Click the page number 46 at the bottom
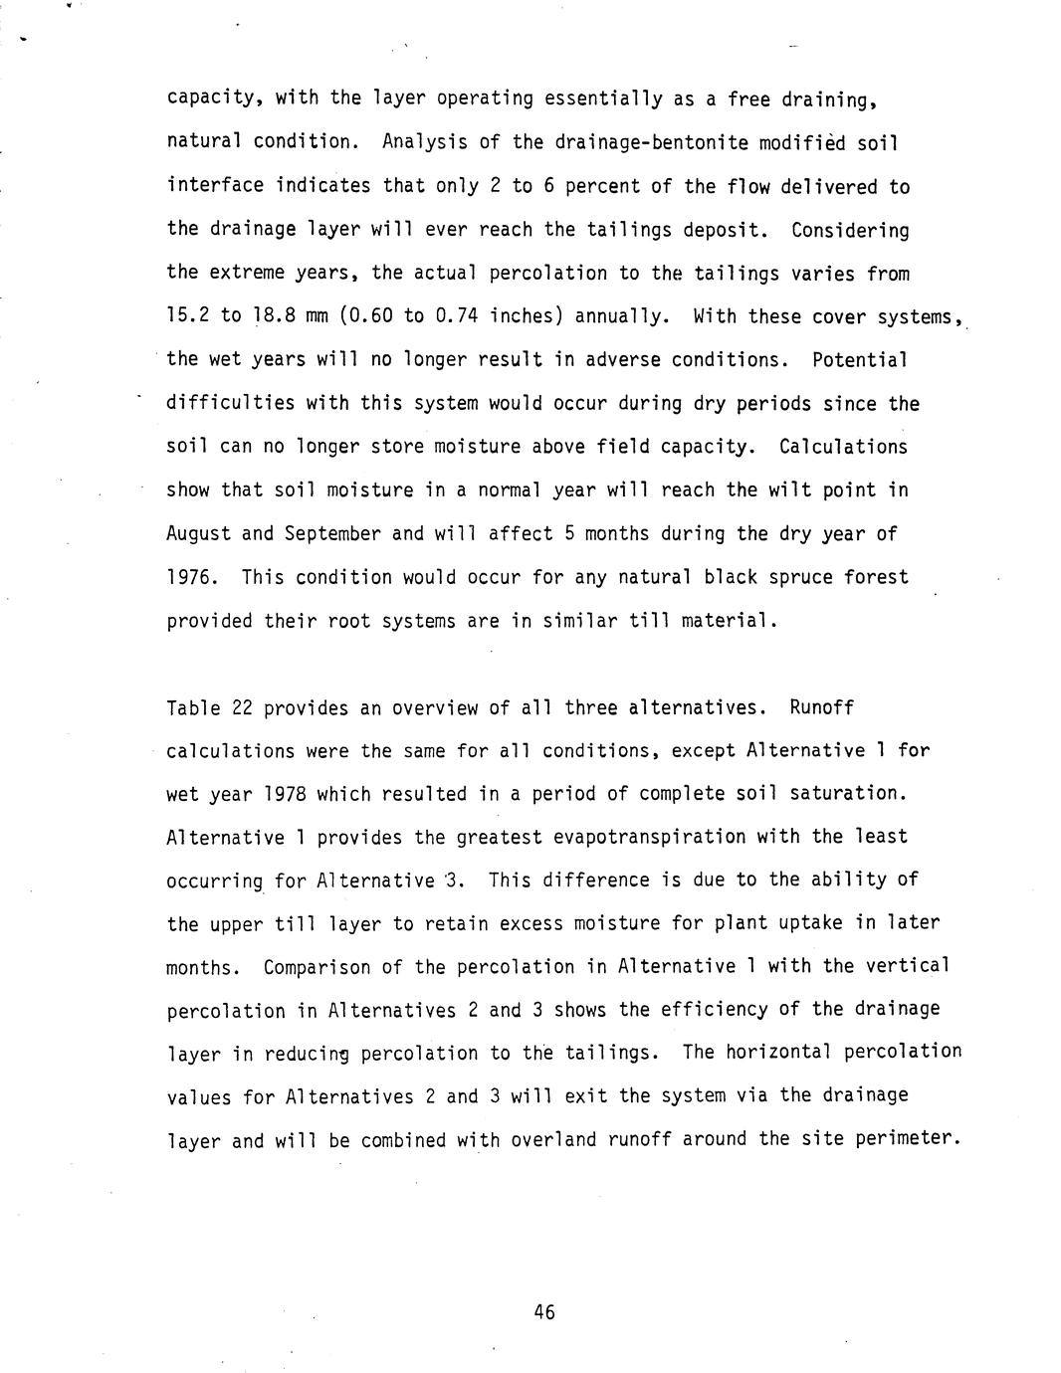point(543,1312)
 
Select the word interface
point(215,186)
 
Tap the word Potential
point(859,359)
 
